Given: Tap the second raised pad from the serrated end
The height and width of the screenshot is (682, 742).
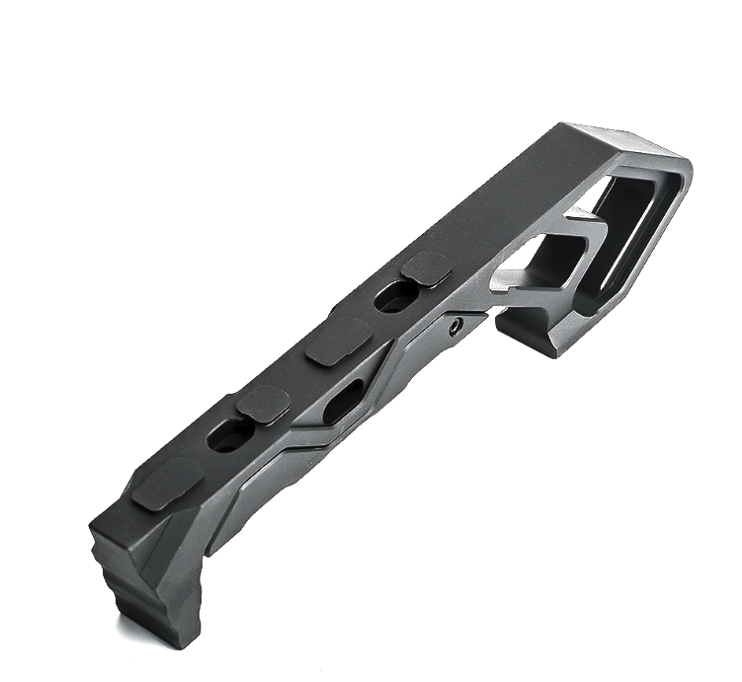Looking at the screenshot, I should coord(263,403).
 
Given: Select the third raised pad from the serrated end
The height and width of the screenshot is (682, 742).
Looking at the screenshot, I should coord(338,341).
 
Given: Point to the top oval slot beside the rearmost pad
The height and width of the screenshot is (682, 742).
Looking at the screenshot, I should coord(395,298).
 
